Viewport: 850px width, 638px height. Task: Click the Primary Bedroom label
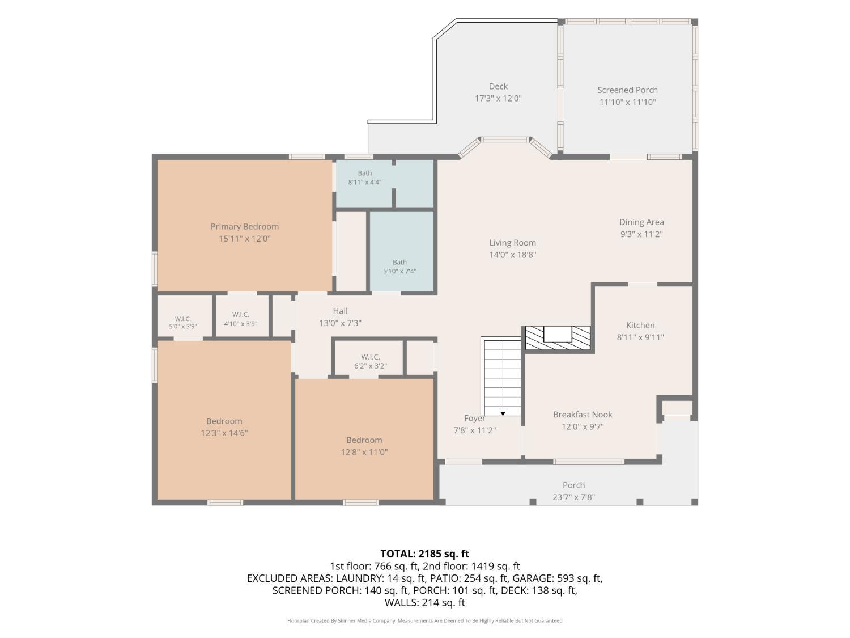click(x=244, y=227)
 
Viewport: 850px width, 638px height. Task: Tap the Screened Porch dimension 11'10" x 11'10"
click(x=627, y=102)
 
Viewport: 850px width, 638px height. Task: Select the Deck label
click(x=498, y=86)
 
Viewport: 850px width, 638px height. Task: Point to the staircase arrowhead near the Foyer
click(x=503, y=414)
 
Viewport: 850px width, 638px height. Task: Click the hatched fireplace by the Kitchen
click(x=558, y=338)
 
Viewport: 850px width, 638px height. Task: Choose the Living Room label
click(x=512, y=243)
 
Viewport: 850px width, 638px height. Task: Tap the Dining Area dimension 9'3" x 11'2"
click(x=641, y=234)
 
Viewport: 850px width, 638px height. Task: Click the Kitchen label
click(x=640, y=326)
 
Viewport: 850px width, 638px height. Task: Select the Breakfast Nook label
click(x=583, y=415)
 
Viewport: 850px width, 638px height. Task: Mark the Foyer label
click(x=474, y=419)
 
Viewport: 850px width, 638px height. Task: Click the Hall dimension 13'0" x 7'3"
click(x=340, y=323)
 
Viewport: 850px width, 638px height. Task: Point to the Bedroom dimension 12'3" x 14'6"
click(x=224, y=433)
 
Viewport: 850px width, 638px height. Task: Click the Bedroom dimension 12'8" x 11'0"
click(x=364, y=452)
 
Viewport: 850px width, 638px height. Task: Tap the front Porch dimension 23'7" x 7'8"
click(x=573, y=497)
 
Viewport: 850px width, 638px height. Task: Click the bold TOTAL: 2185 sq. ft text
click(x=425, y=554)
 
